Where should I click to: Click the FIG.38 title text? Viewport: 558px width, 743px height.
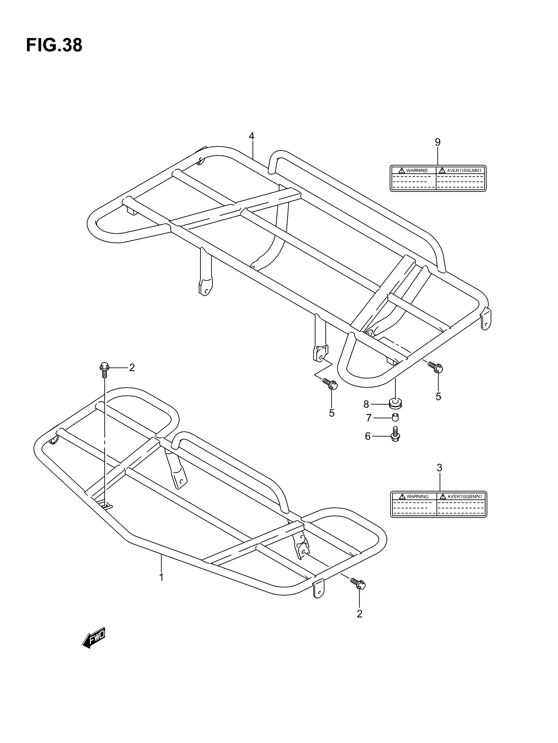[54, 45]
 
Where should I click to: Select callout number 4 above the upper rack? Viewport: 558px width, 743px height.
[251, 136]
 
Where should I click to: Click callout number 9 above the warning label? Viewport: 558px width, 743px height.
[438, 142]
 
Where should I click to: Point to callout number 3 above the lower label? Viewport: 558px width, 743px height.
[439, 467]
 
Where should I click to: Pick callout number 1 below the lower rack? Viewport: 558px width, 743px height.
[161, 577]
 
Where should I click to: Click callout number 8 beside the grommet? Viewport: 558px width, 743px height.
[366, 404]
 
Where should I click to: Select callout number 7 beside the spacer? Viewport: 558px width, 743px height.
[369, 418]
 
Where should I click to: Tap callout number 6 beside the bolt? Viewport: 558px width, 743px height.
[368, 436]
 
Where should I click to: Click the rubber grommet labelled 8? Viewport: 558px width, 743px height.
[395, 403]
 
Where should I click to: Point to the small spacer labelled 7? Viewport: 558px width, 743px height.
[395, 417]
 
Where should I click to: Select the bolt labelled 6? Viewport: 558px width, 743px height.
[395, 434]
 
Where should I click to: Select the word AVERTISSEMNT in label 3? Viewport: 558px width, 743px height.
[465, 496]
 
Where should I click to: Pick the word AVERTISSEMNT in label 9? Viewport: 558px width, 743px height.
[464, 170]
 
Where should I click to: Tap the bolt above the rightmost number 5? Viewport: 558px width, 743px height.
[436, 367]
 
